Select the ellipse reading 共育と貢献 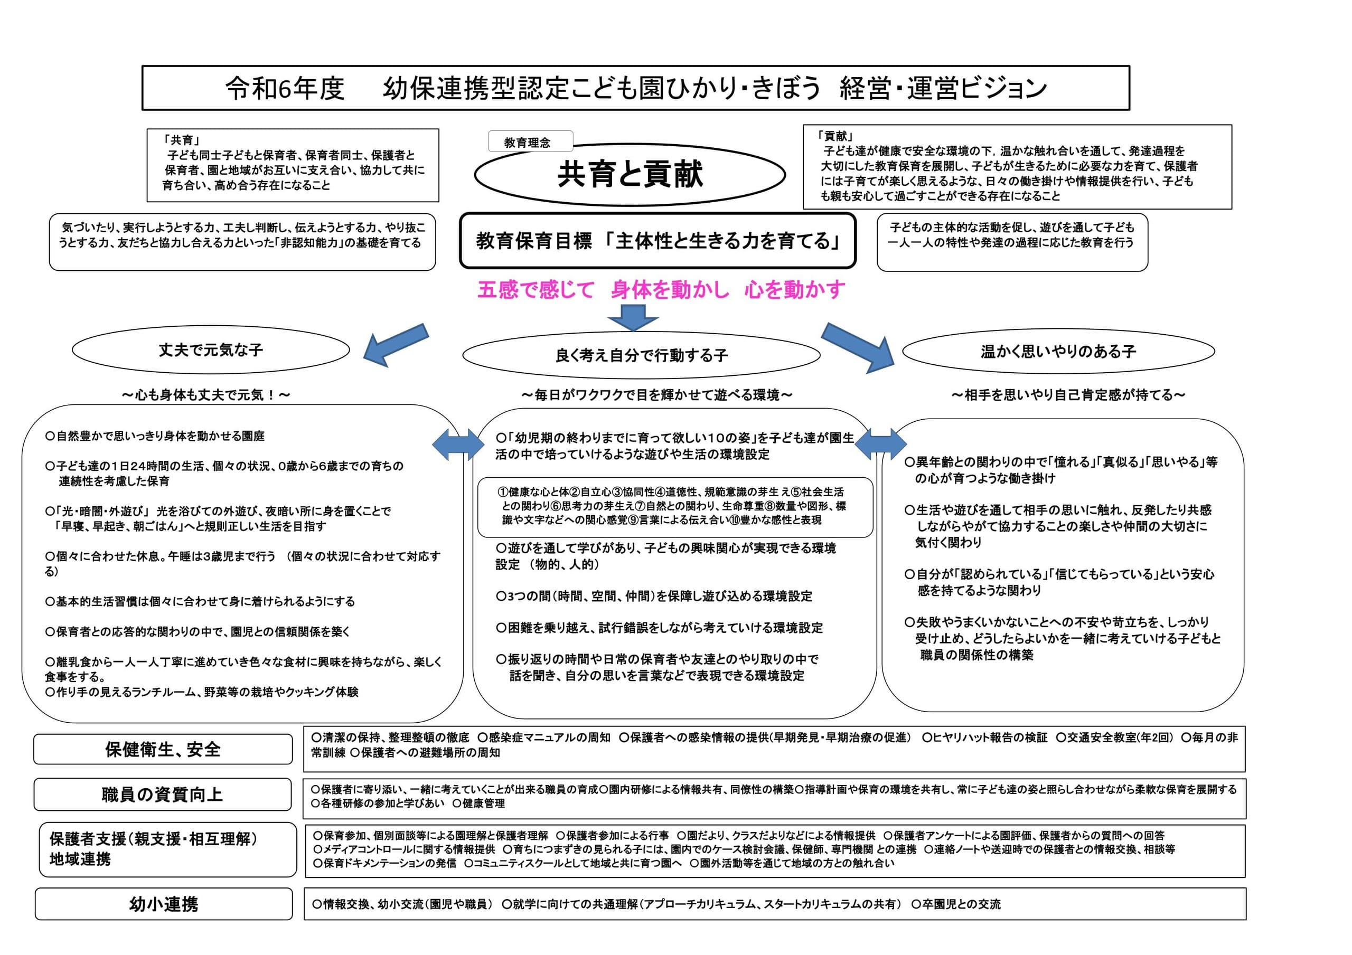pos(630,174)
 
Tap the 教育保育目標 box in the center pos(657,241)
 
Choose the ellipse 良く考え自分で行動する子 pos(641,355)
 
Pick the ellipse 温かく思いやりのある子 pos(1058,352)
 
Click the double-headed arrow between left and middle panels pos(458,444)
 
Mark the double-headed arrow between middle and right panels pos(880,445)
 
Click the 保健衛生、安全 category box pos(163,749)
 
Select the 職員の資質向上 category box pos(163,795)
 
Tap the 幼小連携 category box pos(164,904)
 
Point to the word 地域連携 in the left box pos(80,859)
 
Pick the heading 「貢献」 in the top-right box pos(835,136)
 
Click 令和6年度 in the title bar pos(285,88)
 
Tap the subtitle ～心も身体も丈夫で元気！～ pos(206,394)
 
